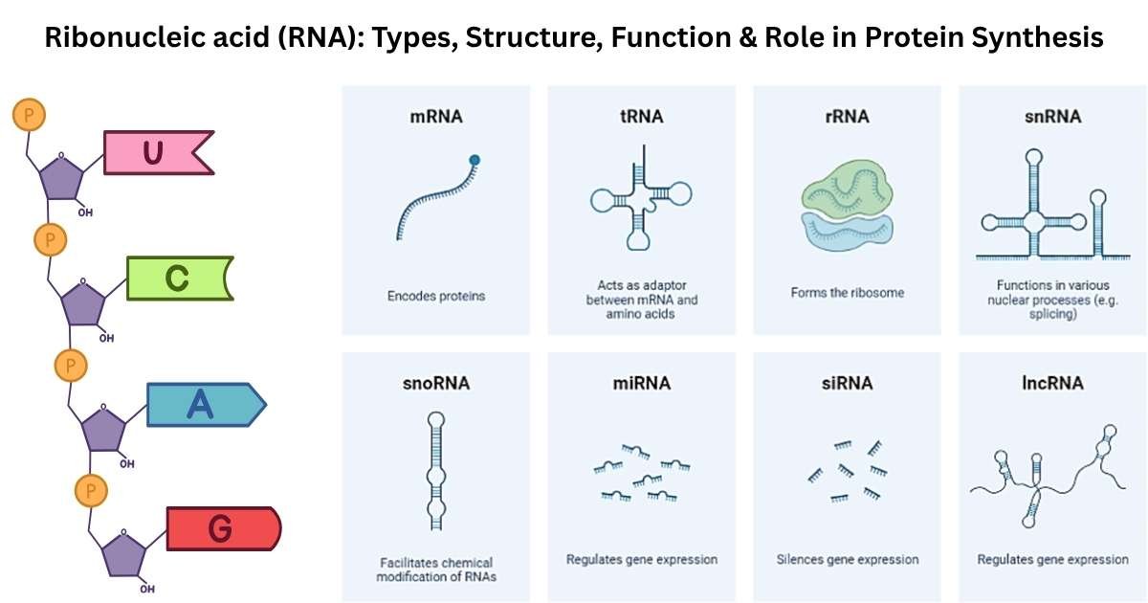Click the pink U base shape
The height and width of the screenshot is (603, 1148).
153,153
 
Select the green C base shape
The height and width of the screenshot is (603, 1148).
177,278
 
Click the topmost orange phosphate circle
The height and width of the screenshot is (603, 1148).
29,116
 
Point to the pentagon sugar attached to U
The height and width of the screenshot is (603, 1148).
59,176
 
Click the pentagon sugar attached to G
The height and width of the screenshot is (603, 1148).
124,554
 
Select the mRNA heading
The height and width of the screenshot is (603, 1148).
435,117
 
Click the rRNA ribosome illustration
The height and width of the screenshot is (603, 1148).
846,207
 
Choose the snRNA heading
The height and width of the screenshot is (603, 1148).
1052,117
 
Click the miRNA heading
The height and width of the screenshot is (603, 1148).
641,383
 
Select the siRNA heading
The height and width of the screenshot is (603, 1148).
847,383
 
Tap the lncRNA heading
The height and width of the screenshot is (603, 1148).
1052,383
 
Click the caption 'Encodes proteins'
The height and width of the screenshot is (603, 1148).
436,296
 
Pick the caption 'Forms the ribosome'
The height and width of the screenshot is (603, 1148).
847,292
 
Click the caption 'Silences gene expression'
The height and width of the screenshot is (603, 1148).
847,559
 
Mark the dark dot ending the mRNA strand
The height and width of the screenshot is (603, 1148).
475,160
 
